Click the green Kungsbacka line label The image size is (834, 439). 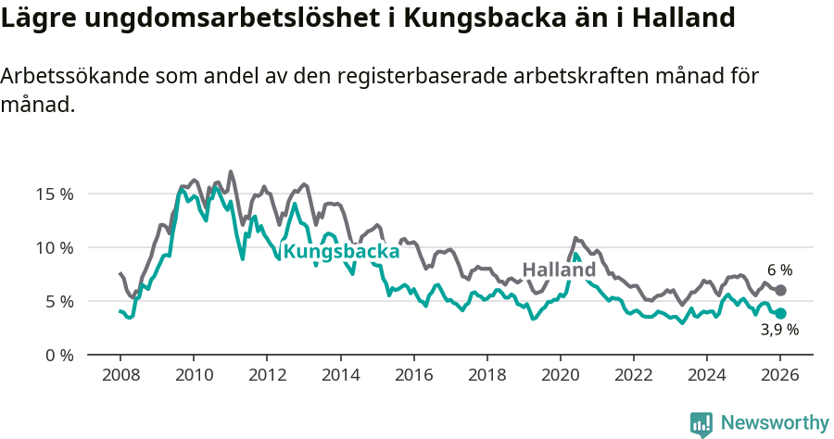[x=341, y=251]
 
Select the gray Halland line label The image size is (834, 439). [x=559, y=270]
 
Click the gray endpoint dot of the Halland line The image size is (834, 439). [x=781, y=291]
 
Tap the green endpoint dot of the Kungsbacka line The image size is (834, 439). [x=781, y=313]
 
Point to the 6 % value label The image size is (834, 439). [x=779, y=270]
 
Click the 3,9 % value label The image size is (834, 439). [x=779, y=329]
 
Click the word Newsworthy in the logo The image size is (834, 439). [x=775, y=422]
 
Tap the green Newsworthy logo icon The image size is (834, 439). [x=701, y=423]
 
